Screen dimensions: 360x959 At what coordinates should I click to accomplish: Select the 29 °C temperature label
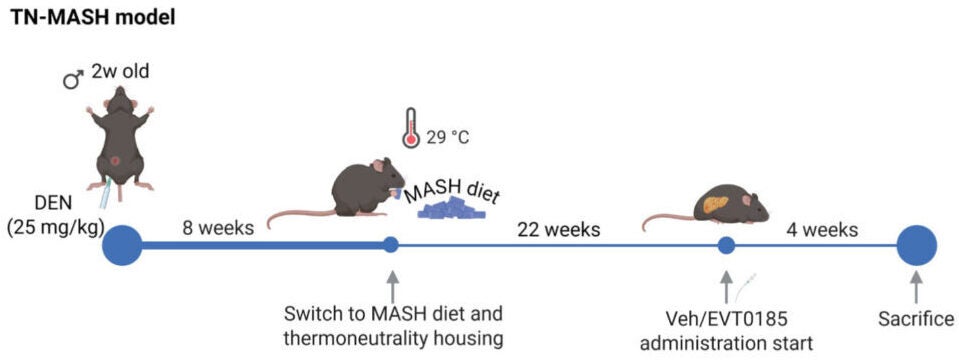(448, 137)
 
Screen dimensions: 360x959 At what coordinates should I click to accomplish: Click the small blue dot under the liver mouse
(727, 245)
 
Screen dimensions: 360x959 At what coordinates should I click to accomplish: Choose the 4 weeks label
(822, 229)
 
